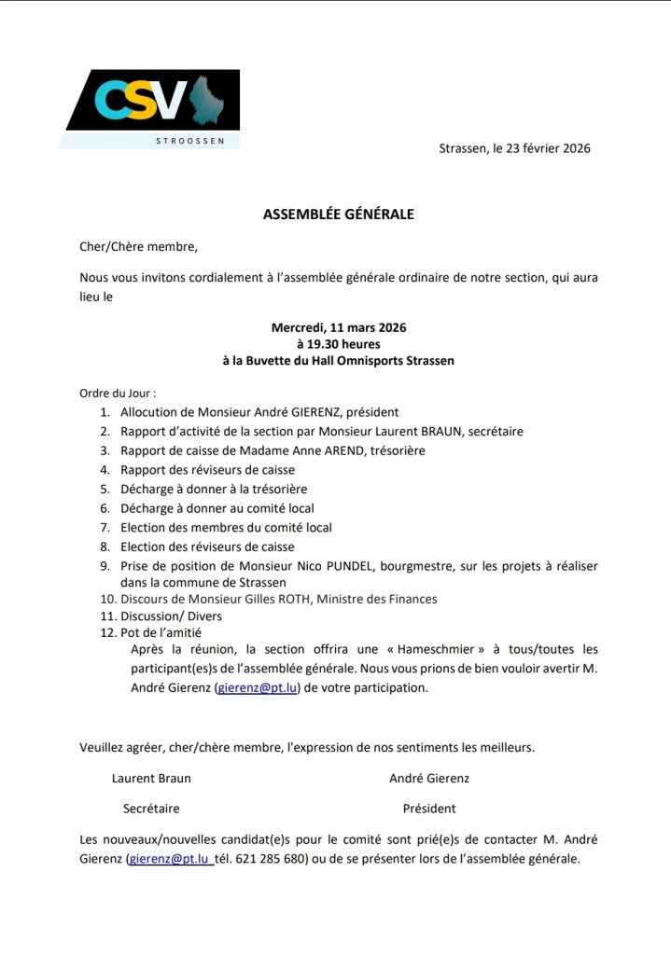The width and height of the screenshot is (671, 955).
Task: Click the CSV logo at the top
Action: click(x=149, y=101)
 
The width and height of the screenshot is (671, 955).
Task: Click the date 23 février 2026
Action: click(x=548, y=148)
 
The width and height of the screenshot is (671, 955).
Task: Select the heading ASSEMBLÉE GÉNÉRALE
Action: click(x=338, y=214)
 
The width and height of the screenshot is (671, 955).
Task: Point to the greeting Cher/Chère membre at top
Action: click(x=139, y=247)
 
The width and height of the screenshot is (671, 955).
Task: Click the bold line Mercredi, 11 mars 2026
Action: click(x=338, y=327)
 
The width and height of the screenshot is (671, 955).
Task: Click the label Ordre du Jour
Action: click(x=118, y=394)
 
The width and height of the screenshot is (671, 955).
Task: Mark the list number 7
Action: click(x=105, y=528)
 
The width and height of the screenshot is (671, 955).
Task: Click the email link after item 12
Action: click(x=256, y=688)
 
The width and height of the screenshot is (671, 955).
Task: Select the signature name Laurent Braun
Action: click(x=151, y=778)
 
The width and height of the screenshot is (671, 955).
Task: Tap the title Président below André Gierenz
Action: click(x=429, y=809)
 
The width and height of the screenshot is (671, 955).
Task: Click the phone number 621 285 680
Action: click(x=273, y=859)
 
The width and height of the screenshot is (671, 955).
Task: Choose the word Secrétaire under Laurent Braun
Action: click(x=151, y=809)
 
